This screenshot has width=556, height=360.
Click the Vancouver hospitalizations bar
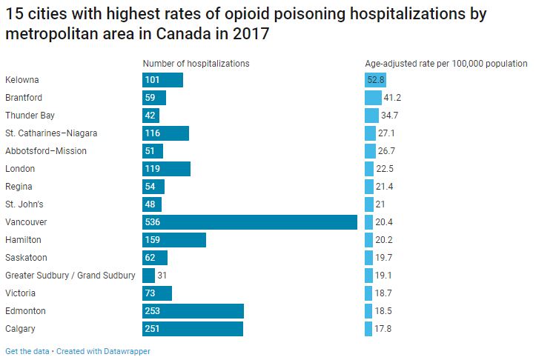[249, 222]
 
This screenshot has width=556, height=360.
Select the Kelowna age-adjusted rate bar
[375, 80]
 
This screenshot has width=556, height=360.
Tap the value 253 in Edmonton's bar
[153, 311]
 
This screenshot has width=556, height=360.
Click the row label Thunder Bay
[30, 116]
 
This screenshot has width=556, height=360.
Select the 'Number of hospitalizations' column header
[196, 64]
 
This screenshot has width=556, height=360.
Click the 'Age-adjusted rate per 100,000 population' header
[446, 64]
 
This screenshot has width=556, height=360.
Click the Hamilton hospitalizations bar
[173, 240]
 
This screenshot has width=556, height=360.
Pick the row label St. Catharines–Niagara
[51, 133]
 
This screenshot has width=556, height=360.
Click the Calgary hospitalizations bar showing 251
[192, 329]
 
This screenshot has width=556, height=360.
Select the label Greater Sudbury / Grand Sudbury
[70, 276]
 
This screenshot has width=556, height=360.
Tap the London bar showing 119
[166, 169]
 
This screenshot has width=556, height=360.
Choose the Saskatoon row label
[26, 258]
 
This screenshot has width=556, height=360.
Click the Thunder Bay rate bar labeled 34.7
[371, 116]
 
